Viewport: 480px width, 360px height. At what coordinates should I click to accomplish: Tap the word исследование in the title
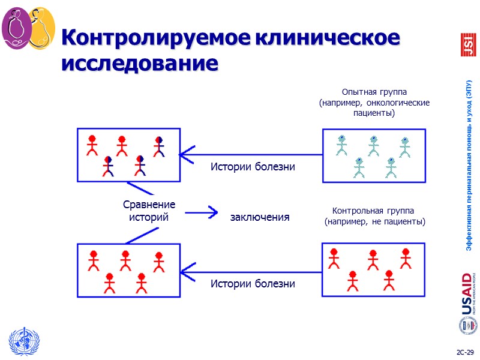pyautogui.click(x=139, y=62)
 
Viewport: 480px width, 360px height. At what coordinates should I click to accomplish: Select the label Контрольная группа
pyautogui.click(x=373, y=211)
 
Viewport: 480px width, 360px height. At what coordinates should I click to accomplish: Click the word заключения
pyautogui.click(x=260, y=217)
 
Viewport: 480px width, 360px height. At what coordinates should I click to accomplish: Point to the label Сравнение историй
pyautogui.click(x=149, y=211)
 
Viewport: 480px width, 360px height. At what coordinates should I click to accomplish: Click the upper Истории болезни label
pyautogui.click(x=252, y=167)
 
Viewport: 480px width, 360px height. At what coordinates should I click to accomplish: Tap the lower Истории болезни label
pyautogui.click(x=252, y=283)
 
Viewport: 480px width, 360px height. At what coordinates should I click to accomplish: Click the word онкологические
pyautogui.click(x=398, y=103)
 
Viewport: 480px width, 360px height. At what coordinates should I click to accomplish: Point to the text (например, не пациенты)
pyautogui.click(x=374, y=221)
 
